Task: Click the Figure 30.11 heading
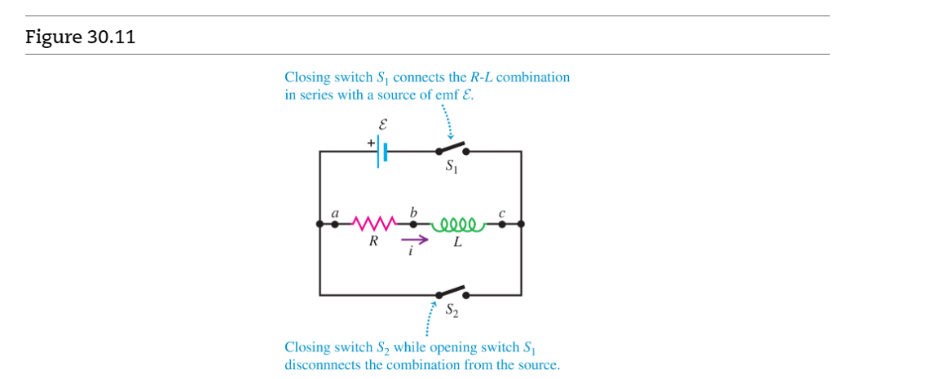point(80,37)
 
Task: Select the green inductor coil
point(462,222)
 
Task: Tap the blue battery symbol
point(381,152)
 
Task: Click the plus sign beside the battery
point(370,142)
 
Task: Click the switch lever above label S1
point(451,148)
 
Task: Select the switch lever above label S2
point(451,291)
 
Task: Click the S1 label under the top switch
point(451,167)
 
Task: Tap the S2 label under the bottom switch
point(452,310)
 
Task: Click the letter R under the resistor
point(373,241)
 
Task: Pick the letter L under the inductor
point(458,242)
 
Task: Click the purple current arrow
point(414,240)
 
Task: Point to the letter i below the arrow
point(412,252)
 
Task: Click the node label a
point(334,214)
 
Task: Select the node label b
point(413,213)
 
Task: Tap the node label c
point(502,214)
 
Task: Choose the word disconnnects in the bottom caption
point(323,364)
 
